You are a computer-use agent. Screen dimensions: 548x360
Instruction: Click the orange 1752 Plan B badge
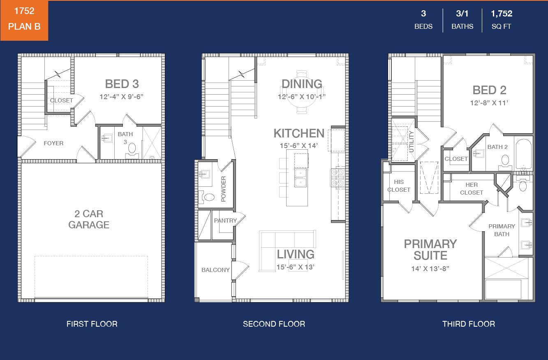(24, 20)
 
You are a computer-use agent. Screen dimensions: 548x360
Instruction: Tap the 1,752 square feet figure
(501, 14)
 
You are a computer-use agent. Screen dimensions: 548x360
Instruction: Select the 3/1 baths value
(462, 14)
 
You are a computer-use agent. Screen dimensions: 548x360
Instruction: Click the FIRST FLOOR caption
(92, 324)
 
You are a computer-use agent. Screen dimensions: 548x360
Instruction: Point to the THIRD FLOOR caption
(469, 324)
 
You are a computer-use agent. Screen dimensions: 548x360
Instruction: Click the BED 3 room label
(122, 84)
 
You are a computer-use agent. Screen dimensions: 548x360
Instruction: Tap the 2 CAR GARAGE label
(89, 219)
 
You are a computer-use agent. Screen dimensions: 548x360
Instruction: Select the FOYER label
(53, 143)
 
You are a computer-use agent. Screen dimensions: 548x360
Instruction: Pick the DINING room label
(302, 84)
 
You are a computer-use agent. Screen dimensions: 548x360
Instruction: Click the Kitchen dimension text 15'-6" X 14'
(299, 146)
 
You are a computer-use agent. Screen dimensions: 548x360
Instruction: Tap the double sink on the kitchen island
(300, 178)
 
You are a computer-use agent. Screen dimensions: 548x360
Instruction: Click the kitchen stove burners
(338, 177)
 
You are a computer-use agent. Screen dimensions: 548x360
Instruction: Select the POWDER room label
(223, 189)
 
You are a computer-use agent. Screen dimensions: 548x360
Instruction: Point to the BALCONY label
(215, 270)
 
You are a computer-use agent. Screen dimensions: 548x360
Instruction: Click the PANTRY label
(225, 221)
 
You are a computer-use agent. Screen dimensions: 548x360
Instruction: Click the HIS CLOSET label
(399, 186)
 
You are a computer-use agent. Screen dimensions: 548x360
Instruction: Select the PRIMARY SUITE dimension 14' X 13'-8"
(430, 269)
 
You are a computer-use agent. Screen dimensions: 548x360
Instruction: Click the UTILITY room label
(411, 142)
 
